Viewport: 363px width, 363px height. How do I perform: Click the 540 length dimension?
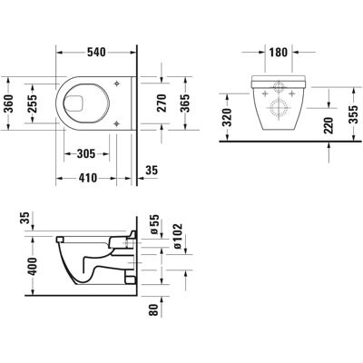(x=96, y=53)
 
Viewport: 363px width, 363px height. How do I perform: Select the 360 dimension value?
(x=10, y=103)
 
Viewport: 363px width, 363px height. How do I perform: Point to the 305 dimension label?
(x=86, y=154)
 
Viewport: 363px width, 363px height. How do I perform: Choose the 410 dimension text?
(x=88, y=178)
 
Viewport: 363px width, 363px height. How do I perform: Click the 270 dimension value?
(x=162, y=103)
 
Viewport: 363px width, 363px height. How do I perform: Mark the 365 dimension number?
(x=185, y=103)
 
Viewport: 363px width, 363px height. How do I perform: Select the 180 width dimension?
(x=278, y=53)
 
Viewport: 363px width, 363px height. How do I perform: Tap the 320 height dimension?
(x=227, y=117)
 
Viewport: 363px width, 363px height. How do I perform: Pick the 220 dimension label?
(x=329, y=125)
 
